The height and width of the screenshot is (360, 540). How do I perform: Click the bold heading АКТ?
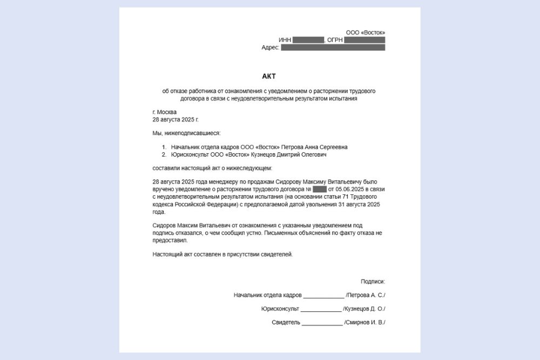coord(268,76)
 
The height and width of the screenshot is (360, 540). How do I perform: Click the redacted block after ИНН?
coord(308,40)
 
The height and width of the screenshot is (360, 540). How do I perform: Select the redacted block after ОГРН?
coord(364,40)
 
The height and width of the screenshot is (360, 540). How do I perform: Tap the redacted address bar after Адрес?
coord(333,47)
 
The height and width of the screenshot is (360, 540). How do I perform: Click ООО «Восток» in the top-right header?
coord(366,32)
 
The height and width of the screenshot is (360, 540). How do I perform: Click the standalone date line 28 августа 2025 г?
coord(176,119)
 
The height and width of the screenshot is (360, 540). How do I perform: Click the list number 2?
coord(164,154)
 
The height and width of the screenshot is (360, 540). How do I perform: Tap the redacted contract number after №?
coord(320,189)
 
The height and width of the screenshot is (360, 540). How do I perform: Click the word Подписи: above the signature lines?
coord(373,281)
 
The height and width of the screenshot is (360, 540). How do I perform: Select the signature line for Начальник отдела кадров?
coord(323,296)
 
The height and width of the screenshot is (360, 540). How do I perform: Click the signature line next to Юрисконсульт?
coord(321,309)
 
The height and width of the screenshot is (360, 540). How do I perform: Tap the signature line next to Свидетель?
coord(322,323)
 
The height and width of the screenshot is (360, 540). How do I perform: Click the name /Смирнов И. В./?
coord(365,323)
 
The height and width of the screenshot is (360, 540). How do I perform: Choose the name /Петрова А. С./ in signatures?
coord(366,295)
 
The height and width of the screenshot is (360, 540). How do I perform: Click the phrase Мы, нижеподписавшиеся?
coord(187,133)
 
